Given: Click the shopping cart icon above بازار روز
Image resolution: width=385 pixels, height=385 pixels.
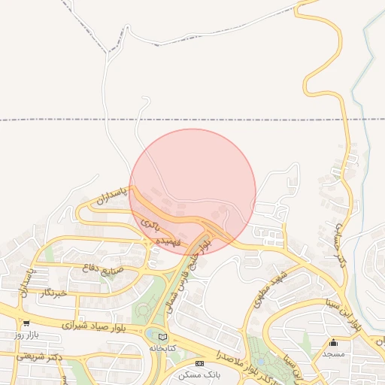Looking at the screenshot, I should pyautogui.click(x=26, y=323).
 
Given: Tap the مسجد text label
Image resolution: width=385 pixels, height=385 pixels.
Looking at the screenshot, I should pyautogui.click(x=332, y=353).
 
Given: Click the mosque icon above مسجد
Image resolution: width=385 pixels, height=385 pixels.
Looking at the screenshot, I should pyautogui.click(x=333, y=342).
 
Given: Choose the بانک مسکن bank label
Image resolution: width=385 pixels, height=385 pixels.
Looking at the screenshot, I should pyautogui.click(x=199, y=374).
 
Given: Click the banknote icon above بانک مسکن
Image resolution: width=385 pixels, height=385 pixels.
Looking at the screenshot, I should pyautogui.click(x=199, y=363).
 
